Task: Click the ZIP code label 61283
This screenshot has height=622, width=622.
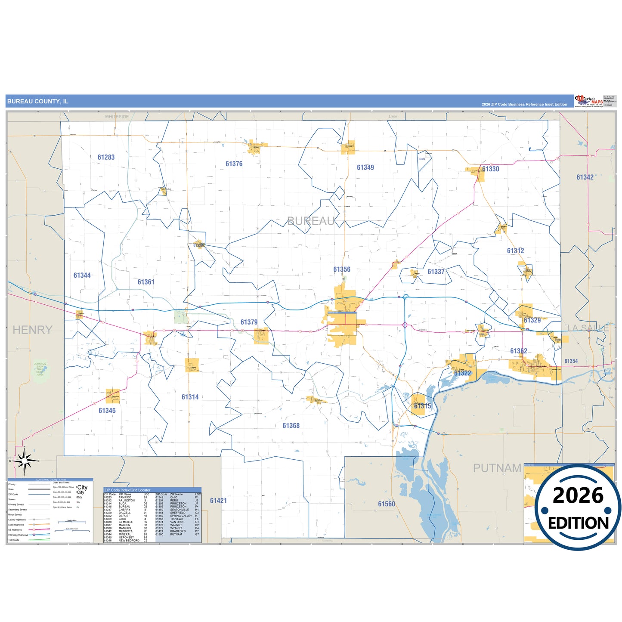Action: click(106, 158)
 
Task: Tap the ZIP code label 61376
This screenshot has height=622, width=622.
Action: click(234, 164)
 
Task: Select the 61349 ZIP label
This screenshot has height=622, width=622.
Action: click(365, 167)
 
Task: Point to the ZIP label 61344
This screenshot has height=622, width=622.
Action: click(82, 275)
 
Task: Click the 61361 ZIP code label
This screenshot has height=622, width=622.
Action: click(146, 282)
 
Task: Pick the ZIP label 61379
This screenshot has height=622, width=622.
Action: click(249, 322)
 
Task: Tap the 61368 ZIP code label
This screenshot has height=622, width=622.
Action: click(291, 426)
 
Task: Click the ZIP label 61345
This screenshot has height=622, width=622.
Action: click(107, 411)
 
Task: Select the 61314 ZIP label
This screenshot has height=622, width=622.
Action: click(190, 397)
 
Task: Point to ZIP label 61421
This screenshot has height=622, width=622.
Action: click(218, 501)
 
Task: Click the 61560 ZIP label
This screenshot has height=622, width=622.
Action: click(386, 504)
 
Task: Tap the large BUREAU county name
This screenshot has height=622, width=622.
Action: click(311, 221)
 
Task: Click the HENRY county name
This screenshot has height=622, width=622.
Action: click(32, 330)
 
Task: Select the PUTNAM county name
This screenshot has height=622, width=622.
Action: click(497, 468)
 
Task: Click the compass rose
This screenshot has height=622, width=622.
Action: click(25, 461)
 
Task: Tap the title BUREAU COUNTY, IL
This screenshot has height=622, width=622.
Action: click(38, 102)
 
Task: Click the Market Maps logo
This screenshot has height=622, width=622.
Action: click(589, 101)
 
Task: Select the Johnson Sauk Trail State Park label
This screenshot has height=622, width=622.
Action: click(40, 369)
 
